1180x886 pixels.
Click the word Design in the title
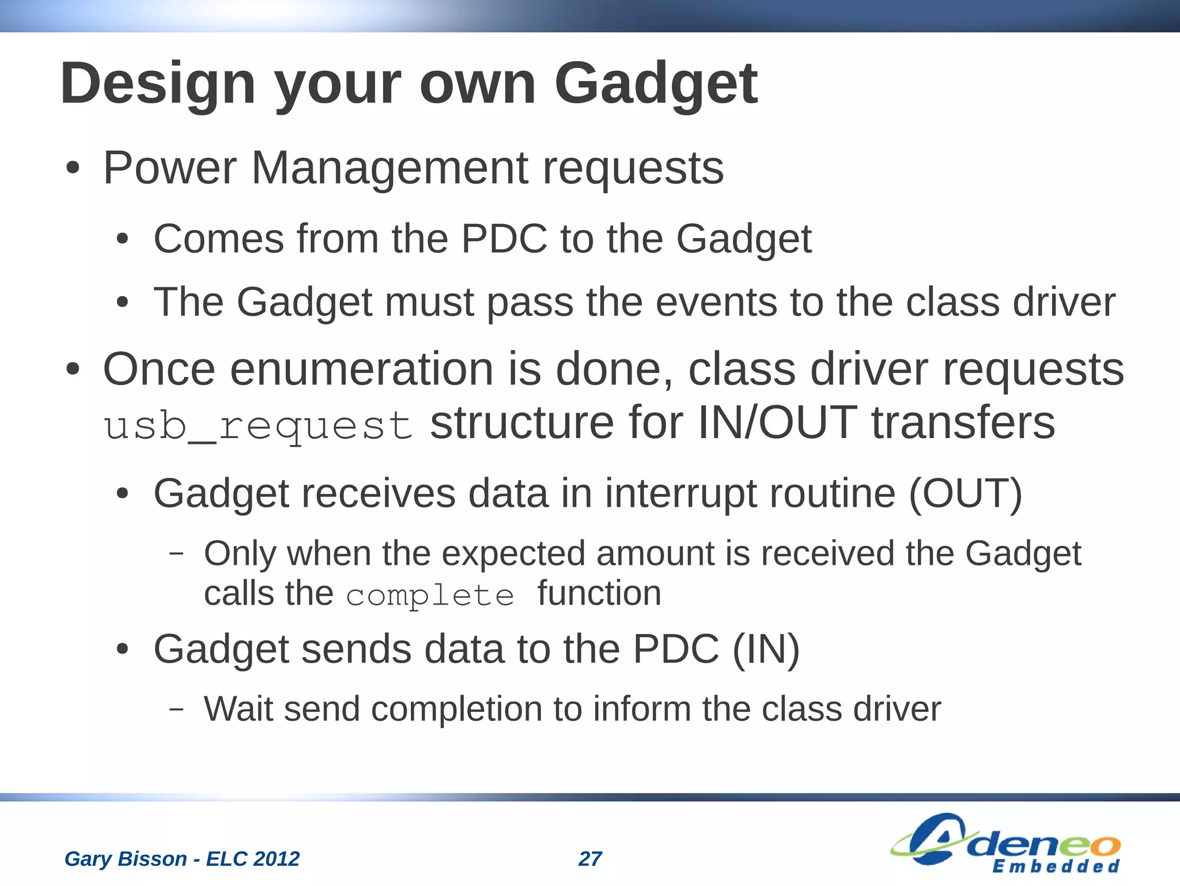(x=157, y=84)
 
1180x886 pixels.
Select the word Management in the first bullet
(x=389, y=168)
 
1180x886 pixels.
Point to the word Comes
(x=218, y=239)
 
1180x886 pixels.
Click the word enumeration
(x=361, y=369)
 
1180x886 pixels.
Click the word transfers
(x=963, y=423)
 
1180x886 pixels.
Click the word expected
(x=513, y=553)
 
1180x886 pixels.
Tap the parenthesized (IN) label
(x=766, y=649)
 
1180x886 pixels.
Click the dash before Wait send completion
(x=176, y=709)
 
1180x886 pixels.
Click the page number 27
(x=590, y=859)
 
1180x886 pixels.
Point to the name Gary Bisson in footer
(x=125, y=859)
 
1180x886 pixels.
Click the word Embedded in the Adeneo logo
(x=1056, y=866)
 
